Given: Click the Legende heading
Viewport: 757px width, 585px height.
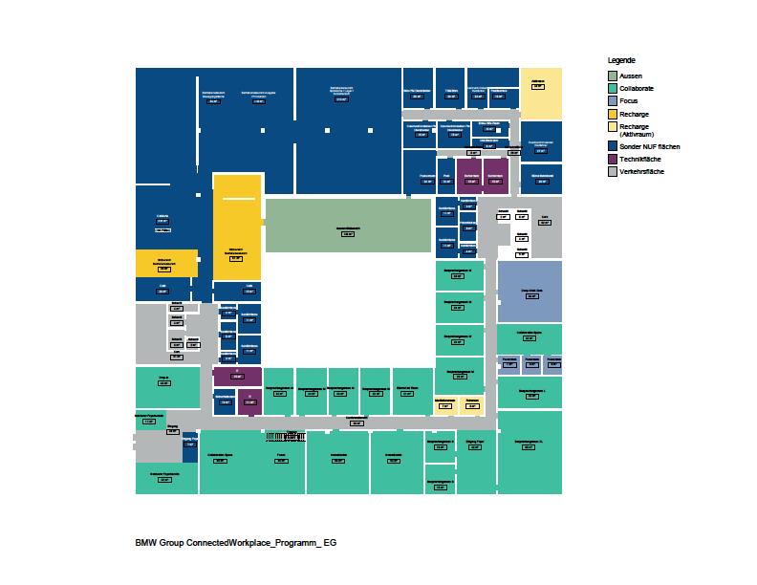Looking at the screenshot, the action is (x=621, y=60).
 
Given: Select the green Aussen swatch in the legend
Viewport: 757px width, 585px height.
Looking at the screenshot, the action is (x=612, y=75).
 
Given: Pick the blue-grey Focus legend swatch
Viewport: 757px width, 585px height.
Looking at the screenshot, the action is (x=612, y=99).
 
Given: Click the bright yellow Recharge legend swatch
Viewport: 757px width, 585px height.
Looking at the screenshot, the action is (x=612, y=114).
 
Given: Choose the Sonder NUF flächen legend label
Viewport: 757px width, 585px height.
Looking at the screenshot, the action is (x=649, y=145).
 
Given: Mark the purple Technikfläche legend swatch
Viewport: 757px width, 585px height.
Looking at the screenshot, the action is (x=612, y=158).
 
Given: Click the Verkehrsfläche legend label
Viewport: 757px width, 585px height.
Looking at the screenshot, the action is (x=641, y=171).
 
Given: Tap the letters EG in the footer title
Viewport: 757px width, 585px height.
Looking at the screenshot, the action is (x=330, y=542).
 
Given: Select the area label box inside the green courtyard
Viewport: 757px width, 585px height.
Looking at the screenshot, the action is (x=347, y=233).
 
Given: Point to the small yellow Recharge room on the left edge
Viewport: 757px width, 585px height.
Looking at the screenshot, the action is (x=165, y=263).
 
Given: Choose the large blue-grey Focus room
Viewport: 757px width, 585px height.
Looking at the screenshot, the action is (x=529, y=291).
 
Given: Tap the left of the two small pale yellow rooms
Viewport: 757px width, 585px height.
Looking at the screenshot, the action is (x=444, y=404).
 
